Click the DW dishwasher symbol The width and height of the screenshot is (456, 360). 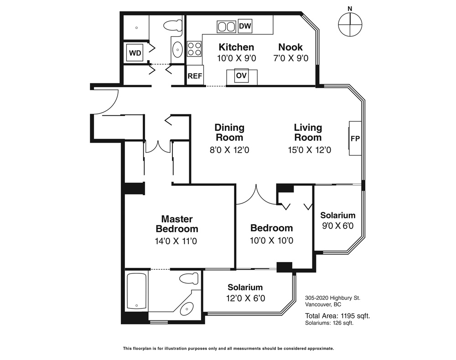[x=245, y=26]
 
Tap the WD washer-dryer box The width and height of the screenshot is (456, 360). [x=135, y=53]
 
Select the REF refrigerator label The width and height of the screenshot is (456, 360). [x=195, y=76]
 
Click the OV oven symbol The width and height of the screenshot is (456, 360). [x=241, y=76]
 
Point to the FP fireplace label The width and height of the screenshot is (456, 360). [x=355, y=139]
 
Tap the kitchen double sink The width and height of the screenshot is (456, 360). [x=227, y=27]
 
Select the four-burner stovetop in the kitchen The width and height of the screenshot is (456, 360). [x=194, y=49]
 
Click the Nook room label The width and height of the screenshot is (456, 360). [x=290, y=47]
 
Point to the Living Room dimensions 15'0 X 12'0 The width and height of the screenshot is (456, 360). [x=310, y=150]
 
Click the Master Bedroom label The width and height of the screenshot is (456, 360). [x=177, y=224]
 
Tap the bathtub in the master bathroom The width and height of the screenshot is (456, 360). [x=137, y=291]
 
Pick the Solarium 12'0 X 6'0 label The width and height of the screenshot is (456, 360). [x=245, y=293]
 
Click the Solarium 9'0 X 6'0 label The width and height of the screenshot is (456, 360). [x=337, y=220]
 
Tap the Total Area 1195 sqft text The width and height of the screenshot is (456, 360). [x=337, y=316]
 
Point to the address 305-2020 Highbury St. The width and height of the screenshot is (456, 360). [x=332, y=298]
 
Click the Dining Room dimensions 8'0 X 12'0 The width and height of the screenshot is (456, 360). [x=229, y=150]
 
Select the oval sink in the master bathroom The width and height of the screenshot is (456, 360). [x=187, y=309]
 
